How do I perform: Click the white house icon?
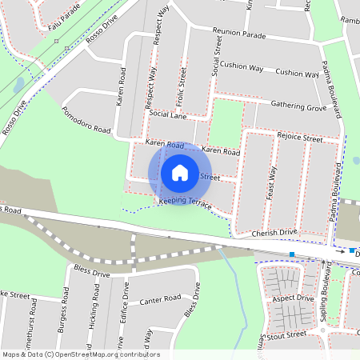[180, 172]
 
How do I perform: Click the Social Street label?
[217, 56]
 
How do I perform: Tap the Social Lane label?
[168, 115]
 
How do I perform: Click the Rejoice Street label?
[299, 138]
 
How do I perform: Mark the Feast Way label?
[272, 183]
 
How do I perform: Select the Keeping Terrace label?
[186, 203]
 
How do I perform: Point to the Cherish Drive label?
[274, 233]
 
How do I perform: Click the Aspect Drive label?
[293, 298]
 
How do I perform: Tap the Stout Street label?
[289, 337]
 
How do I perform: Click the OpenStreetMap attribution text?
[80, 354]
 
